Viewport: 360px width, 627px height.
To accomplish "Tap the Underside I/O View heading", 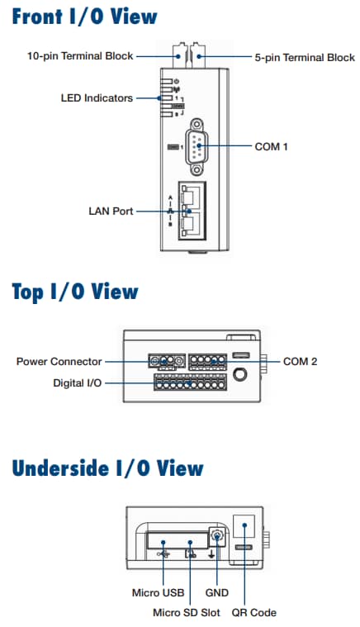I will click(x=107, y=468).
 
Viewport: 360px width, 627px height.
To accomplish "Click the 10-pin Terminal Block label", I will click(x=79, y=57).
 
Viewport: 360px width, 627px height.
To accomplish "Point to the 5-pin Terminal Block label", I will click(x=304, y=57).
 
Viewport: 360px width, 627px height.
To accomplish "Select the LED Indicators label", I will click(x=97, y=98).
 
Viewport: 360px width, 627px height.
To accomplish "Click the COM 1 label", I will click(x=272, y=145).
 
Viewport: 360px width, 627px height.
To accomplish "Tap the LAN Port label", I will click(x=111, y=211).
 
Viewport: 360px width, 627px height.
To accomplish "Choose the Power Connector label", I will click(x=59, y=362).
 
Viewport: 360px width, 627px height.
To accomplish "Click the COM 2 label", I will click(x=300, y=362).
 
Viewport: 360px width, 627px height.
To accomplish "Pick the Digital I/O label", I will click(x=78, y=384).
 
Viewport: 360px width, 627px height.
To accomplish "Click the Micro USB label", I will click(x=156, y=592).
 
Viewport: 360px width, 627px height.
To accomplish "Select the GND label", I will click(x=216, y=592).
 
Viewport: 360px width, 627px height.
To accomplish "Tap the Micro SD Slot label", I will click(x=187, y=612).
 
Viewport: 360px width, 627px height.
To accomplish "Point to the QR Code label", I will click(x=253, y=612).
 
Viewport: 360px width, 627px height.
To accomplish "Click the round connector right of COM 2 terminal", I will click(x=240, y=373).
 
